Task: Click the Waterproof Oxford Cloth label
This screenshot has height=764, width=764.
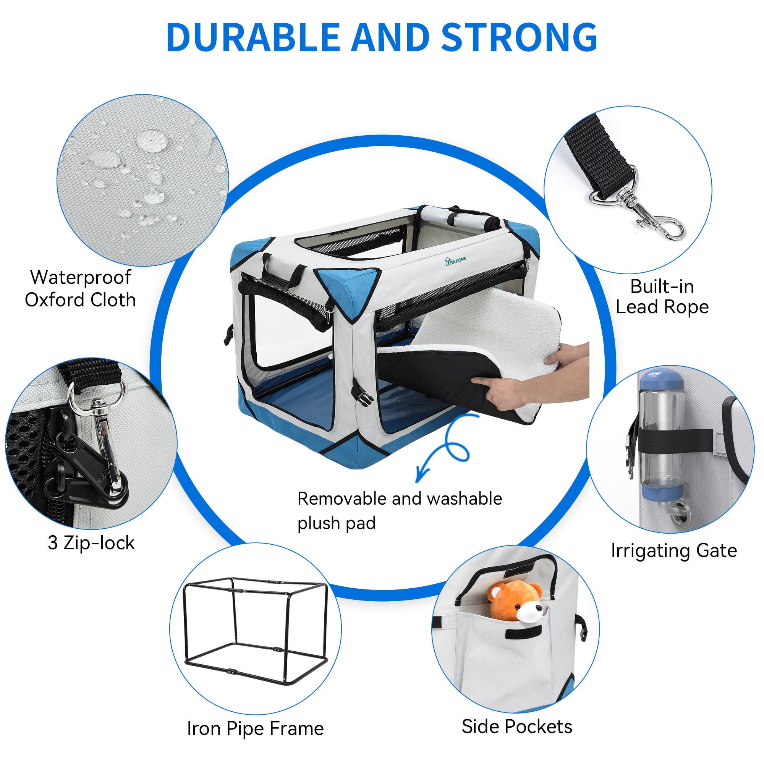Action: pos(80,289)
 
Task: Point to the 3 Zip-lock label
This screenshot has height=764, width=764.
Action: pos(91,542)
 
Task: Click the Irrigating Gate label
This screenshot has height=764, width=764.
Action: pos(674,551)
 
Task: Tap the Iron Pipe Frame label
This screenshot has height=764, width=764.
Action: pos(255,728)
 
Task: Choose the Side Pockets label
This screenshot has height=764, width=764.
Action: pos(517,727)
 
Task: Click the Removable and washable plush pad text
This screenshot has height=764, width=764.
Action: pos(400,511)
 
